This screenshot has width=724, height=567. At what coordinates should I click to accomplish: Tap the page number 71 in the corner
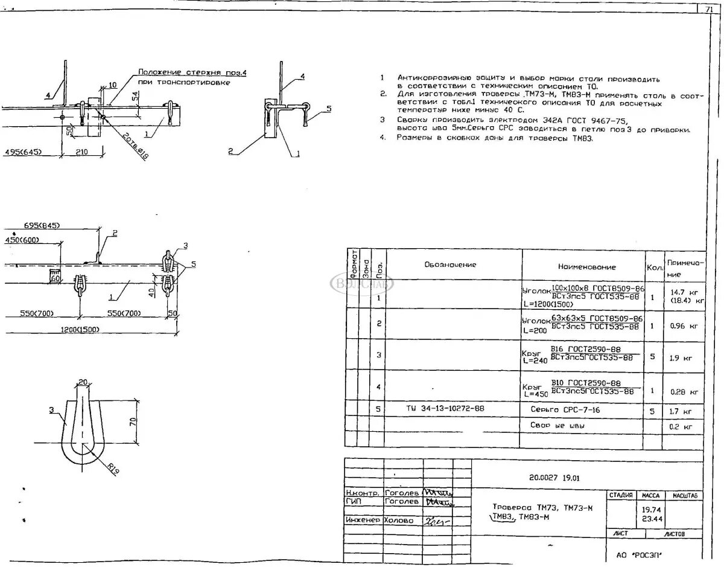tap(708, 9)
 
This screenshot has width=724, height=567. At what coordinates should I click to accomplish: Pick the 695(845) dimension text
tap(42, 225)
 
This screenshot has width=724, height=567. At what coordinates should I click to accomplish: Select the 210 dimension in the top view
tap(81, 152)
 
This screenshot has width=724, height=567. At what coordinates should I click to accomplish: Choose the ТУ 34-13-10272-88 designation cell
tap(445, 409)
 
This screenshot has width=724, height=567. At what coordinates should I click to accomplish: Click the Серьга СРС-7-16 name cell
tap(565, 410)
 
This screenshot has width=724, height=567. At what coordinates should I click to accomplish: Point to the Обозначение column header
tap(449, 264)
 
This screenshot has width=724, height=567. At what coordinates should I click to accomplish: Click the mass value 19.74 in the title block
tap(650, 509)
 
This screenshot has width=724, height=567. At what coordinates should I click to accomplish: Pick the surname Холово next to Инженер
tap(399, 520)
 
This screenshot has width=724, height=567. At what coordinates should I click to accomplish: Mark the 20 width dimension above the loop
tap(83, 381)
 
